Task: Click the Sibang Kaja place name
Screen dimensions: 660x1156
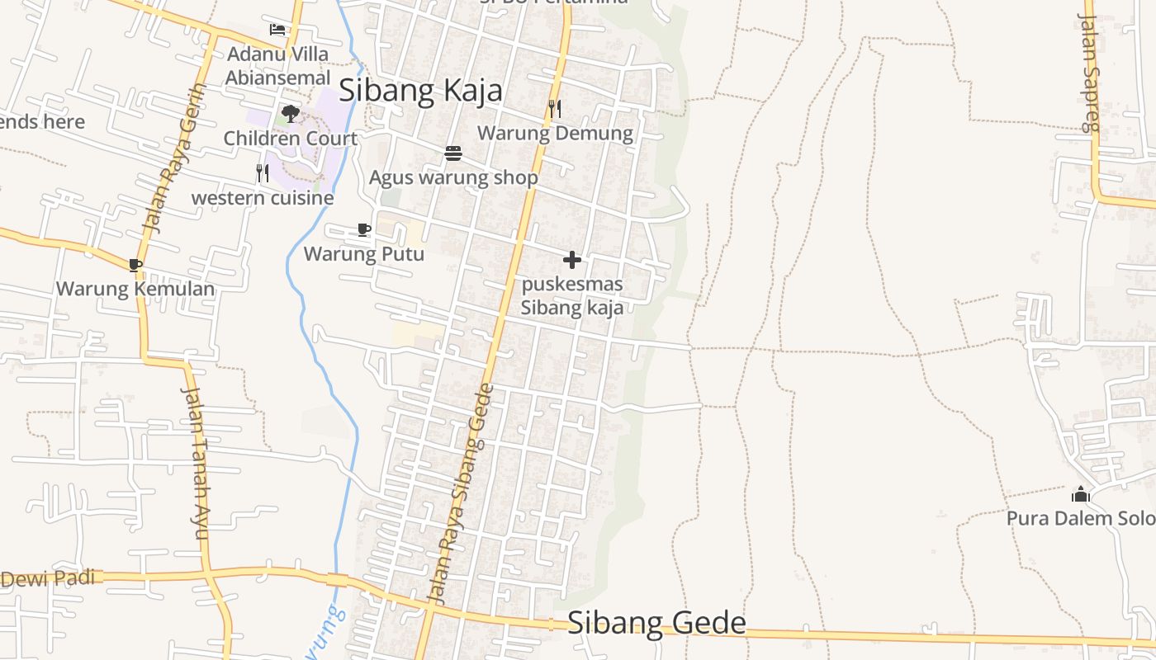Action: click(420, 90)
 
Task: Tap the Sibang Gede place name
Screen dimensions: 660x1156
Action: click(656, 623)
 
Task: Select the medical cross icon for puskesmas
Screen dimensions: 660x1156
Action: click(571, 261)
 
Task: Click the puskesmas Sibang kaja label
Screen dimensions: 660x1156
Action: click(571, 296)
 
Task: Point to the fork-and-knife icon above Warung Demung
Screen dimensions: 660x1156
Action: click(555, 109)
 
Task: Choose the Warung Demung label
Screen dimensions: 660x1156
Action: click(555, 133)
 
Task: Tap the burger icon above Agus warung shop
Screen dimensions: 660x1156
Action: click(452, 153)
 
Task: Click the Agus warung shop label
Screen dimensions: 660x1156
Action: click(453, 177)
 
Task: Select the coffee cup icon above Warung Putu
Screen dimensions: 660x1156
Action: click(364, 229)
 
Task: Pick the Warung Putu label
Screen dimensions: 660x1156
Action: click(364, 253)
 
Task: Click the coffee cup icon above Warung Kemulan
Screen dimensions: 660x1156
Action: click(135, 265)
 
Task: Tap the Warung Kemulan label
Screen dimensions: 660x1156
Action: click(135, 289)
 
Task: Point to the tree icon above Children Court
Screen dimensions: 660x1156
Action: click(290, 114)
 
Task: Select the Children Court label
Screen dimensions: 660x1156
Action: click(290, 138)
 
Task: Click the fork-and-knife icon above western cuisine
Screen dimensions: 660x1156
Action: click(263, 173)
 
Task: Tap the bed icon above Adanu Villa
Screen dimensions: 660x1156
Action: click(277, 30)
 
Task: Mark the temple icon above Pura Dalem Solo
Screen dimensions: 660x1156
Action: click(1080, 495)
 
